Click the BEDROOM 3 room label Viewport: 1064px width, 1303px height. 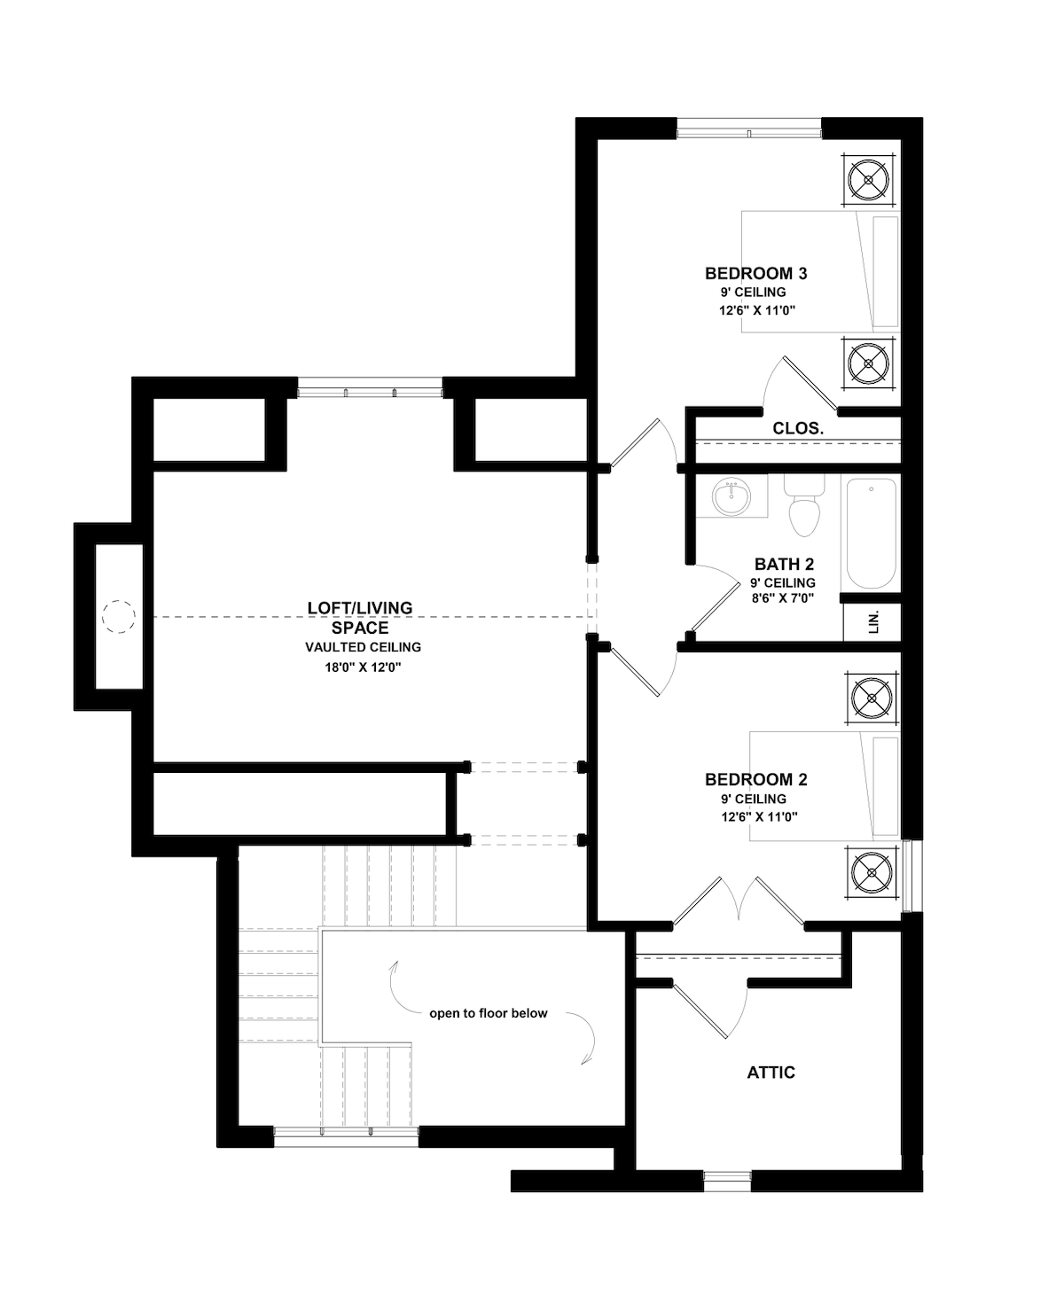[x=755, y=273]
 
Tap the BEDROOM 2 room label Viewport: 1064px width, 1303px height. [x=755, y=780]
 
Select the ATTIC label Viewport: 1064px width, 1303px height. [x=771, y=1073]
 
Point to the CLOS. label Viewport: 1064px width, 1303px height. [x=798, y=429]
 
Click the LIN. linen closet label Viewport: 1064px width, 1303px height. [x=873, y=622]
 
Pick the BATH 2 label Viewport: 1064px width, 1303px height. [x=784, y=564]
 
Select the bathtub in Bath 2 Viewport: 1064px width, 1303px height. [x=871, y=534]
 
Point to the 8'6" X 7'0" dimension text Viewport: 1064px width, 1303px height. [x=783, y=598]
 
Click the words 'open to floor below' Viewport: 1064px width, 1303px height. [x=489, y=1013]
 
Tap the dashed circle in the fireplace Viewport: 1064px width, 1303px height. [x=119, y=617]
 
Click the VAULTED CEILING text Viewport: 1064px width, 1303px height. [x=364, y=647]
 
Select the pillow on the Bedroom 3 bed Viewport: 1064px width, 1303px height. [x=885, y=272]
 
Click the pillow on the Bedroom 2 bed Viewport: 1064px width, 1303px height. [x=886, y=786]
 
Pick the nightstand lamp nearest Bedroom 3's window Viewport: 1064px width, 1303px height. [x=868, y=180]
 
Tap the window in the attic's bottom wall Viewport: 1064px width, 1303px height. [x=727, y=1181]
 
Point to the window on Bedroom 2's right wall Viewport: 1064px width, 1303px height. [x=911, y=876]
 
